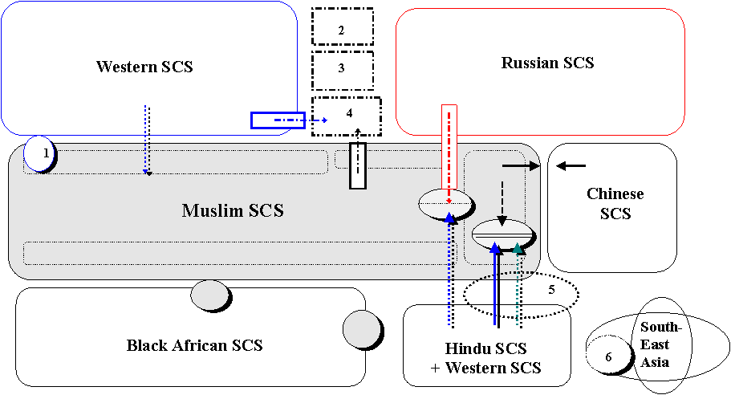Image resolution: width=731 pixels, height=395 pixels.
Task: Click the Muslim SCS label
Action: (x=232, y=211)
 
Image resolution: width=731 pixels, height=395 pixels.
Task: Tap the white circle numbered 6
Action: (x=607, y=356)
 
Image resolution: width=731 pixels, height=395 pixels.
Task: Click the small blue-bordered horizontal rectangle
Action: (x=278, y=120)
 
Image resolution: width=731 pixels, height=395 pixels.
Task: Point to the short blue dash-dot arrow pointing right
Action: (x=317, y=120)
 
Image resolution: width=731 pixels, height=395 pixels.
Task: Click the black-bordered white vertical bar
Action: (x=358, y=166)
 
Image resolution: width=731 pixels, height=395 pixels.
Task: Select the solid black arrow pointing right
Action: (x=522, y=165)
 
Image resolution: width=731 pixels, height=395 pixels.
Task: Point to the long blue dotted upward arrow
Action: (x=449, y=273)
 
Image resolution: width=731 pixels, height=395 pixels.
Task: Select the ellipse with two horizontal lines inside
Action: (x=502, y=234)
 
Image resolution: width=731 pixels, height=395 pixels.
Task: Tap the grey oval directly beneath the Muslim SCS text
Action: (x=209, y=295)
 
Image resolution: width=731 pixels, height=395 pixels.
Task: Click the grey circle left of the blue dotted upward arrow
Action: (x=362, y=329)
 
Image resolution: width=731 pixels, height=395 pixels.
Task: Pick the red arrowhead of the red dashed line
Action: (x=449, y=201)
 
